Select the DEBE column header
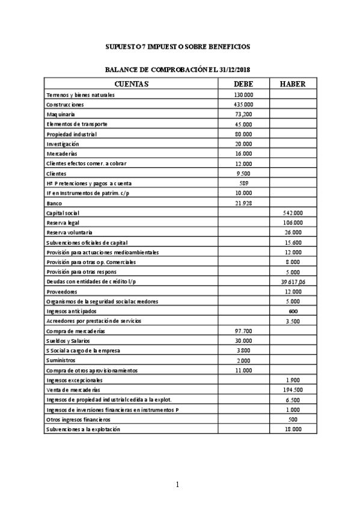243,84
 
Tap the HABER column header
293,84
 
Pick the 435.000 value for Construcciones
243,105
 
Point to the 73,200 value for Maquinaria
243,114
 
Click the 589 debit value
243,183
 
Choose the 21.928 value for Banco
243,203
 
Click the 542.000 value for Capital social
292,213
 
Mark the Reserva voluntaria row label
71,232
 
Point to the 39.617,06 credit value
292,281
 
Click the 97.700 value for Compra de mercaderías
243,331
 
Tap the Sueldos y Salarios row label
67,340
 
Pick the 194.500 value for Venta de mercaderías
292,390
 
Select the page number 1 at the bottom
178,484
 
